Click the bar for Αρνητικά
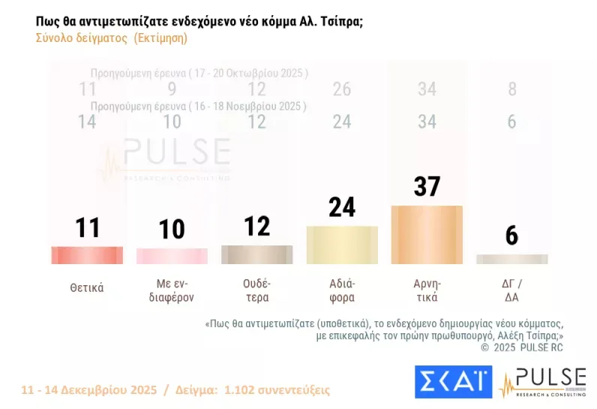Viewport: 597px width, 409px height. [x=427, y=234]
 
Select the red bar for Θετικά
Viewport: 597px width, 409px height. [x=87, y=255]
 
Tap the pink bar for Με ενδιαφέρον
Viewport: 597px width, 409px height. [x=172, y=256]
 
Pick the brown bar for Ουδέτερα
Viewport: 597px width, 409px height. [x=256, y=254]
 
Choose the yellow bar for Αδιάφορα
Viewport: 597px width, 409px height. [x=342, y=245]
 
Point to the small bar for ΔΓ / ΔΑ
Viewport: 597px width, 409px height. [x=511, y=259]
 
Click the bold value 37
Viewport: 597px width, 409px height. [x=427, y=187]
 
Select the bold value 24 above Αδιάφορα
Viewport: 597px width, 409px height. [x=342, y=206]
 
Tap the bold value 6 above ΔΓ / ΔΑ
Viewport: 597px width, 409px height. [x=511, y=236]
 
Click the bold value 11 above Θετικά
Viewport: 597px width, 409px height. [x=87, y=227]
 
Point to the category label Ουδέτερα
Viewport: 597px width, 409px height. [x=256, y=290]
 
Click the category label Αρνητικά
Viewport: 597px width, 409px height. [x=427, y=290]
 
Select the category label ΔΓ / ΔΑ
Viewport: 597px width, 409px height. [x=511, y=290]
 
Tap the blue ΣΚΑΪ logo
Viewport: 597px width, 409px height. [x=453, y=382]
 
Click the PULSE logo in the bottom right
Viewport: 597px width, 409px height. [x=544, y=382]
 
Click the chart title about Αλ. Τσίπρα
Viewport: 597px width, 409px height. [x=199, y=22]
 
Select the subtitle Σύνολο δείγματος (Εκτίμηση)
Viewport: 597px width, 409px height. [x=112, y=38]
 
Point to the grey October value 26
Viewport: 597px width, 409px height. [x=342, y=90]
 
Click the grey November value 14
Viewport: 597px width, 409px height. [x=87, y=122]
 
